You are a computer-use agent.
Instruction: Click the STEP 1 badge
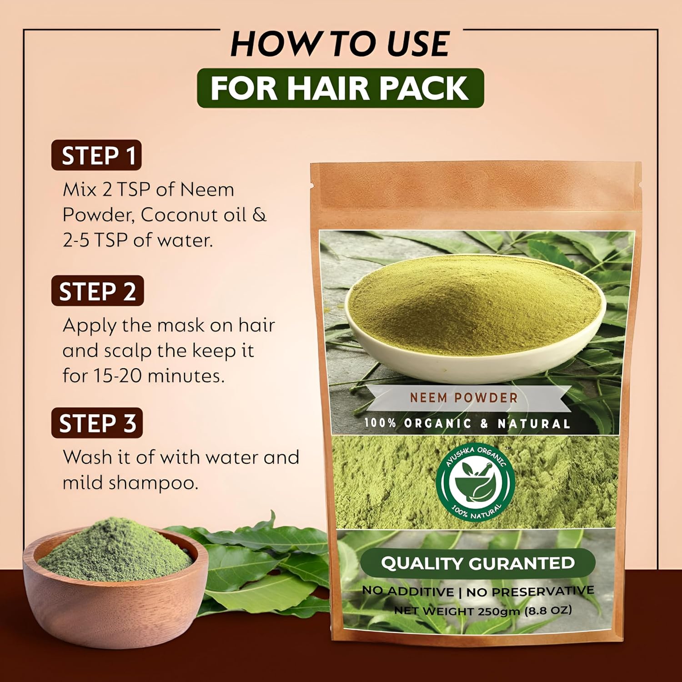point(96,155)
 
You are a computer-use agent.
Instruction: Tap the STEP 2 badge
point(97,291)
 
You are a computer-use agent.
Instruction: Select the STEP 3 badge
point(97,423)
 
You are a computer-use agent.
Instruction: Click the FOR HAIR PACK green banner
point(340,88)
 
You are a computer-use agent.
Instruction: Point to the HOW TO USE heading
point(340,44)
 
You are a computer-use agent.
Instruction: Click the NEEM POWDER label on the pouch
point(463,398)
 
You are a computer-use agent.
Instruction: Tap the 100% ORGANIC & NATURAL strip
point(467,423)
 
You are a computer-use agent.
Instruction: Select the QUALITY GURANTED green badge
point(477,563)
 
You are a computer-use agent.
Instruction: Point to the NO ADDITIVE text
point(407,591)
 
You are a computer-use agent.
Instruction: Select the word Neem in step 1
point(207,190)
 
